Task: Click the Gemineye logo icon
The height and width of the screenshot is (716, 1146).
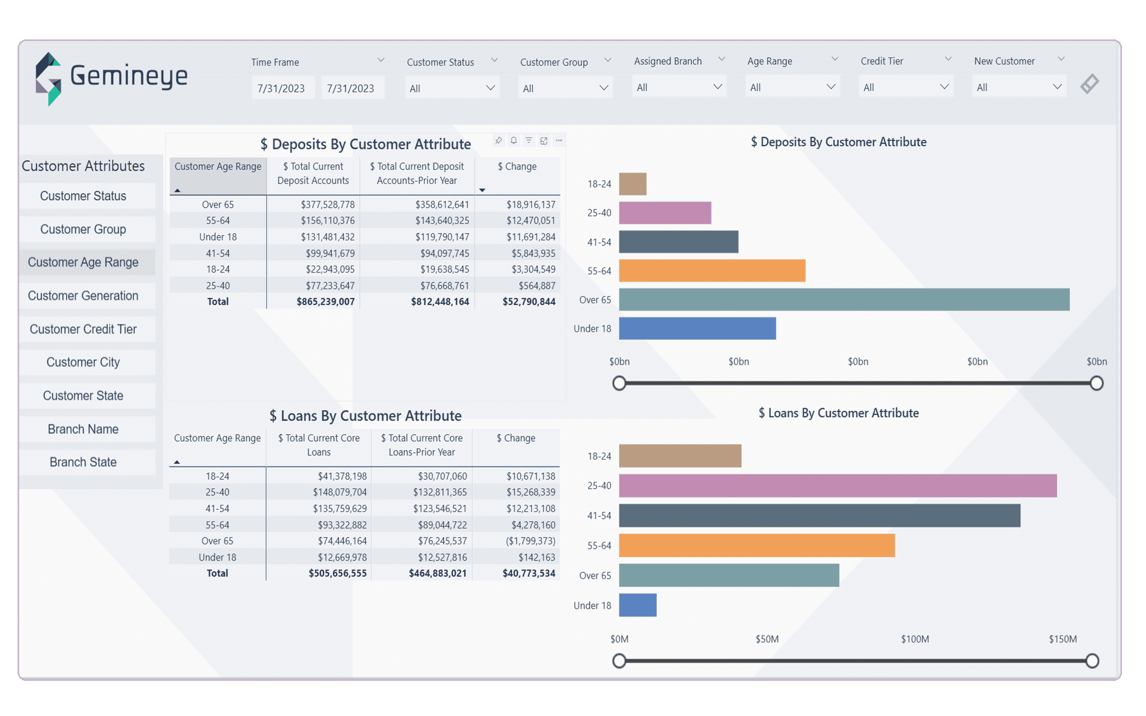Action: tap(48, 79)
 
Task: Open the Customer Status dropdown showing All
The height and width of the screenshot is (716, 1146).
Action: tap(452, 88)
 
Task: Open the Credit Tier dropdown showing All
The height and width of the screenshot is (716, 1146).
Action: tap(905, 87)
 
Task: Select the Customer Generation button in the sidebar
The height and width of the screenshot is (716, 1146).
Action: tap(83, 296)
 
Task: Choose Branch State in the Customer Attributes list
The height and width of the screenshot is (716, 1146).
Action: tap(83, 462)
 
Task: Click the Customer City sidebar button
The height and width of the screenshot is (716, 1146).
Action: tap(83, 362)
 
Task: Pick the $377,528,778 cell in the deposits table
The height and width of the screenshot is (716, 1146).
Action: tap(328, 205)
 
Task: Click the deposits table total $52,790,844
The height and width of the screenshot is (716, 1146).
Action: tap(528, 302)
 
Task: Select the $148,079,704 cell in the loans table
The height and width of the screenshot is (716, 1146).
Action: tap(339, 492)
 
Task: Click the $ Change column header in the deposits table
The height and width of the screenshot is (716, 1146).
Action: tap(517, 167)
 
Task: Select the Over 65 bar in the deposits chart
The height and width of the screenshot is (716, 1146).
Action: tap(844, 299)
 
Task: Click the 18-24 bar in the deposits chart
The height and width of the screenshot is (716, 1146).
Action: tap(633, 184)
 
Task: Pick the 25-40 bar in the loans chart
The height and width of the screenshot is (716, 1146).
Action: tap(837, 485)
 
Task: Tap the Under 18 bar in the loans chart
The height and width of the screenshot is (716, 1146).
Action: tap(637, 605)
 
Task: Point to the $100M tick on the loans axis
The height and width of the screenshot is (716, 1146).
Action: tap(914, 639)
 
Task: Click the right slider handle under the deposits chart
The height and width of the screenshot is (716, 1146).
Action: tap(1096, 383)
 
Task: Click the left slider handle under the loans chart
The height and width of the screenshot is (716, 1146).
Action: tap(619, 661)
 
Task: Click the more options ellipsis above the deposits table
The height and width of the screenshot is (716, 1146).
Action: tap(559, 141)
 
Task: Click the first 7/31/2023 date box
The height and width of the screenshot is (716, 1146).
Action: tap(281, 88)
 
